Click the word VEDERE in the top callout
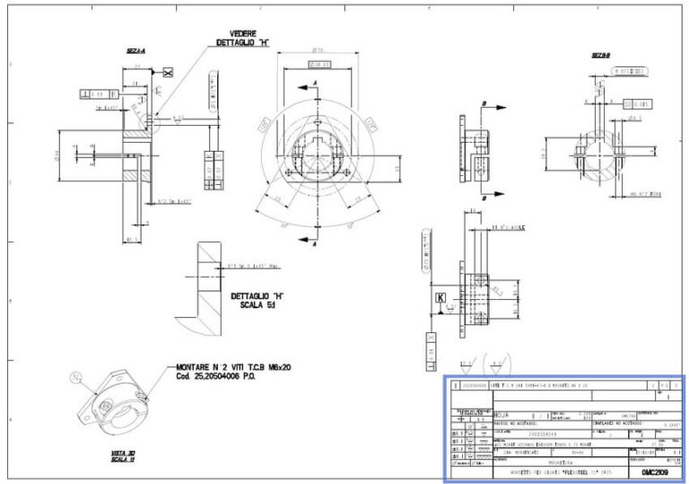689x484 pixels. click(237, 33)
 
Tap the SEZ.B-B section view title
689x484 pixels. click(600, 55)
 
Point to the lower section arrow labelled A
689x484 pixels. click(315, 242)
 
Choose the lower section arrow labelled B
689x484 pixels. click(484, 196)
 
